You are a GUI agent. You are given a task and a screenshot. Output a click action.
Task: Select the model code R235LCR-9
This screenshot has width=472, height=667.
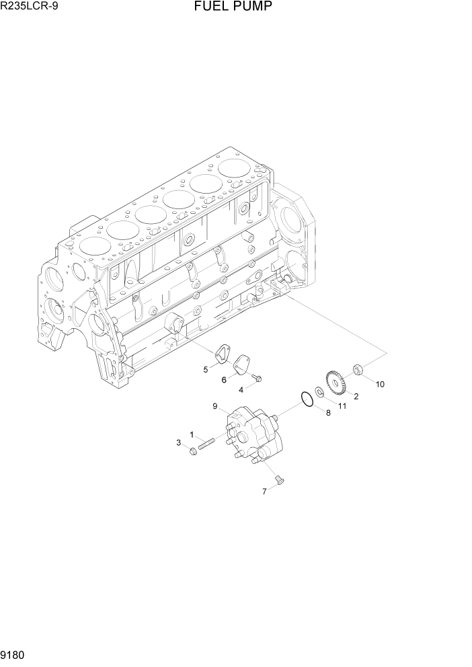(30, 7)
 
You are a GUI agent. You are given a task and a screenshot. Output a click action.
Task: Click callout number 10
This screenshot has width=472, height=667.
(380, 384)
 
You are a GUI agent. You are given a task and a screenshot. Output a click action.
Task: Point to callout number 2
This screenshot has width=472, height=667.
(356, 396)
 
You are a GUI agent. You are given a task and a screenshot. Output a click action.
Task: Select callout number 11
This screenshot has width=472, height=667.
(342, 406)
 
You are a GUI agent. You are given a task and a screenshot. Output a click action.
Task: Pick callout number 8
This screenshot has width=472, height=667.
(328, 413)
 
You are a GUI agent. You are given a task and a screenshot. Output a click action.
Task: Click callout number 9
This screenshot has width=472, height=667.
(214, 406)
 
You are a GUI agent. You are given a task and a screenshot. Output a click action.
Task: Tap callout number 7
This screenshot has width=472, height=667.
(264, 492)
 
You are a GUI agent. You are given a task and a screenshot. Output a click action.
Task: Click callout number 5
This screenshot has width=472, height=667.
(206, 369)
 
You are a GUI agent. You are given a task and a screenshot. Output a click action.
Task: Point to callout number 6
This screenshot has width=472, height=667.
(223, 380)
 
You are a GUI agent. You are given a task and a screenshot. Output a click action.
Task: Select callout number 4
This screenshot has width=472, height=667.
(241, 389)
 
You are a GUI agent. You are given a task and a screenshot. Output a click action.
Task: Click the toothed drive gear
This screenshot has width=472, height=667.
(335, 383)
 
